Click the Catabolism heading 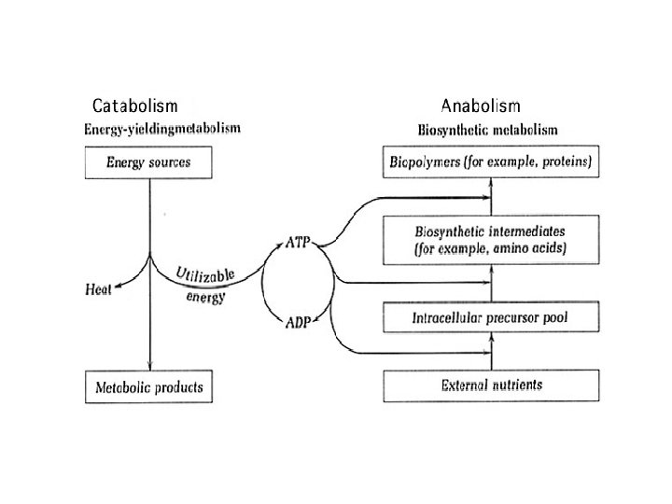(135, 105)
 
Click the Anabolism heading (481, 105)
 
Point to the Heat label (98, 289)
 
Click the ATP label (298, 242)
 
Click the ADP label (298, 322)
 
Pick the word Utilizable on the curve (205, 274)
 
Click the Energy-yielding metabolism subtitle (162, 129)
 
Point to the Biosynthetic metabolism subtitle (488, 130)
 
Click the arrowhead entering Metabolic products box (149, 366)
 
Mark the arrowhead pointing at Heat (118, 287)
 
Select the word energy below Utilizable (205, 297)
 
